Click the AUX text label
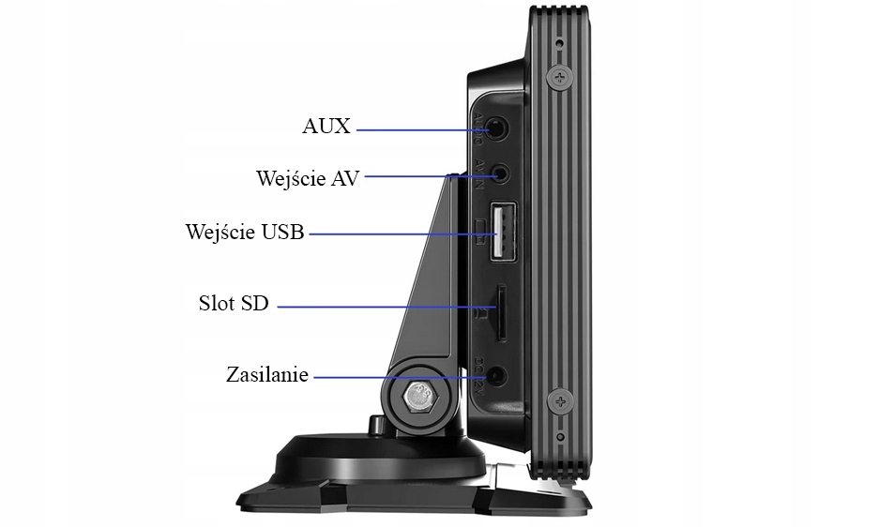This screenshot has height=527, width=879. pyautogui.click(x=326, y=127)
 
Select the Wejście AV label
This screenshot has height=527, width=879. pyautogui.click(x=307, y=178)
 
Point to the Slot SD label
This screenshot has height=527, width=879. pyautogui.click(x=234, y=304)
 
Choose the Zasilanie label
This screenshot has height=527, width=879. pyautogui.click(x=267, y=375)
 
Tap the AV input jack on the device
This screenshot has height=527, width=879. pyautogui.click(x=503, y=173)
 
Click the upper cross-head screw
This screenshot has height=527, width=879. pyautogui.click(x=561, y=76)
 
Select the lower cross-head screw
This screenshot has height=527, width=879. pyautogui.click(x=561, y=402)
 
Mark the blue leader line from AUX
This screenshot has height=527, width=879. pyautogui.click(x=413, y=128)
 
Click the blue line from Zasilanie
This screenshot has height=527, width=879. pyautogui.click(x=394, y=377)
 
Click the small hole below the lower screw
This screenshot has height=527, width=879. pyautogui.click(x=560, y=437)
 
